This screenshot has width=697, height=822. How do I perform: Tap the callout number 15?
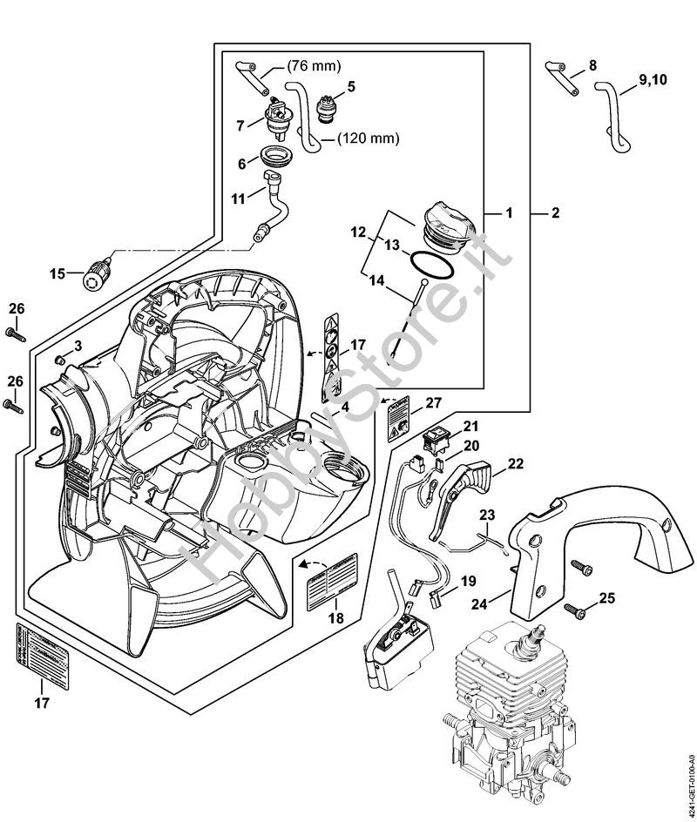[x=57, y=273]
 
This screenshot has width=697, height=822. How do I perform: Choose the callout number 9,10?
[x=654, y=80]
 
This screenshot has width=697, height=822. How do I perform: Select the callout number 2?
[x=555, y=212]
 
